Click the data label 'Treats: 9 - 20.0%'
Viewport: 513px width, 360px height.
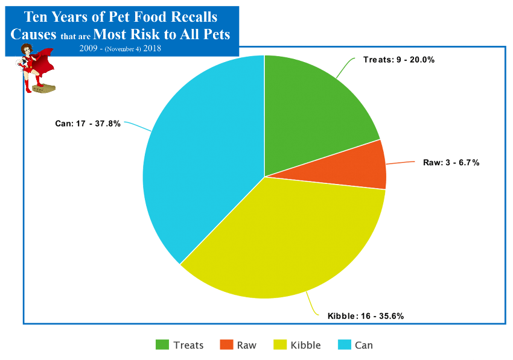pos(399,60)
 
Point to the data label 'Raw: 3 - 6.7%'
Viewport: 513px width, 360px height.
pos(451,162)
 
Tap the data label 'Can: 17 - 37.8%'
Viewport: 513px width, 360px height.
pos(88,124)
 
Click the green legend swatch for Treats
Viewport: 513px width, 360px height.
pos(162,345)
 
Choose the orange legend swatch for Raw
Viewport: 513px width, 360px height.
pos(226,345)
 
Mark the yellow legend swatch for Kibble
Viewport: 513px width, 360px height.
pos(279,345)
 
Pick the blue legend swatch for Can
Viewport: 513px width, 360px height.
pos(344,345)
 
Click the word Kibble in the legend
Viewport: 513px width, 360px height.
pos(305,346)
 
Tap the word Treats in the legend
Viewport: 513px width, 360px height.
pos(188,346)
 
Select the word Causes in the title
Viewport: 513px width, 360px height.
pos(34,34)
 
